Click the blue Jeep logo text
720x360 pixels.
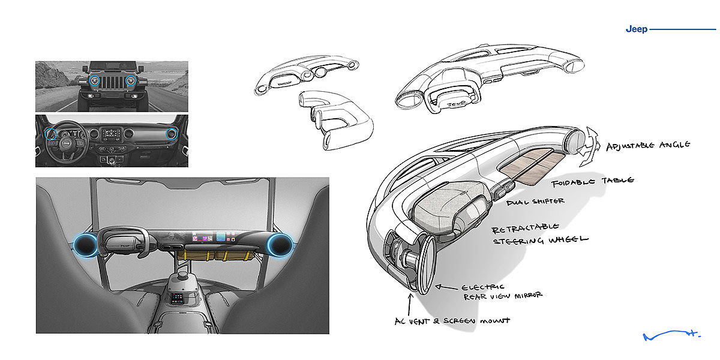pos(636,29)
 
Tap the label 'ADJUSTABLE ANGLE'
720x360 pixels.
pos(648,146)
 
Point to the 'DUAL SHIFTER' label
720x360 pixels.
pos(535,202)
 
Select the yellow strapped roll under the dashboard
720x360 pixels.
pos(216,254)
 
